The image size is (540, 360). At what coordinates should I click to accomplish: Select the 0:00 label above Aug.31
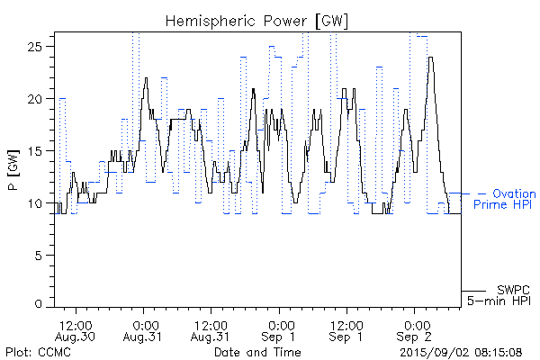point(145,324)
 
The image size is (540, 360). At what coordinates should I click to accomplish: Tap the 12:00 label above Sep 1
point(347,324)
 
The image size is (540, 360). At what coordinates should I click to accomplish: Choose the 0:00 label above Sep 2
point(416,324)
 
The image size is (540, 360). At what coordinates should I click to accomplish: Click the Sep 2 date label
point(416,337)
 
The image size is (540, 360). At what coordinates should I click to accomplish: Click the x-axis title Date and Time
point(257,351)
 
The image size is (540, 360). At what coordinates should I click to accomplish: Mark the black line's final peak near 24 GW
point(432,58)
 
